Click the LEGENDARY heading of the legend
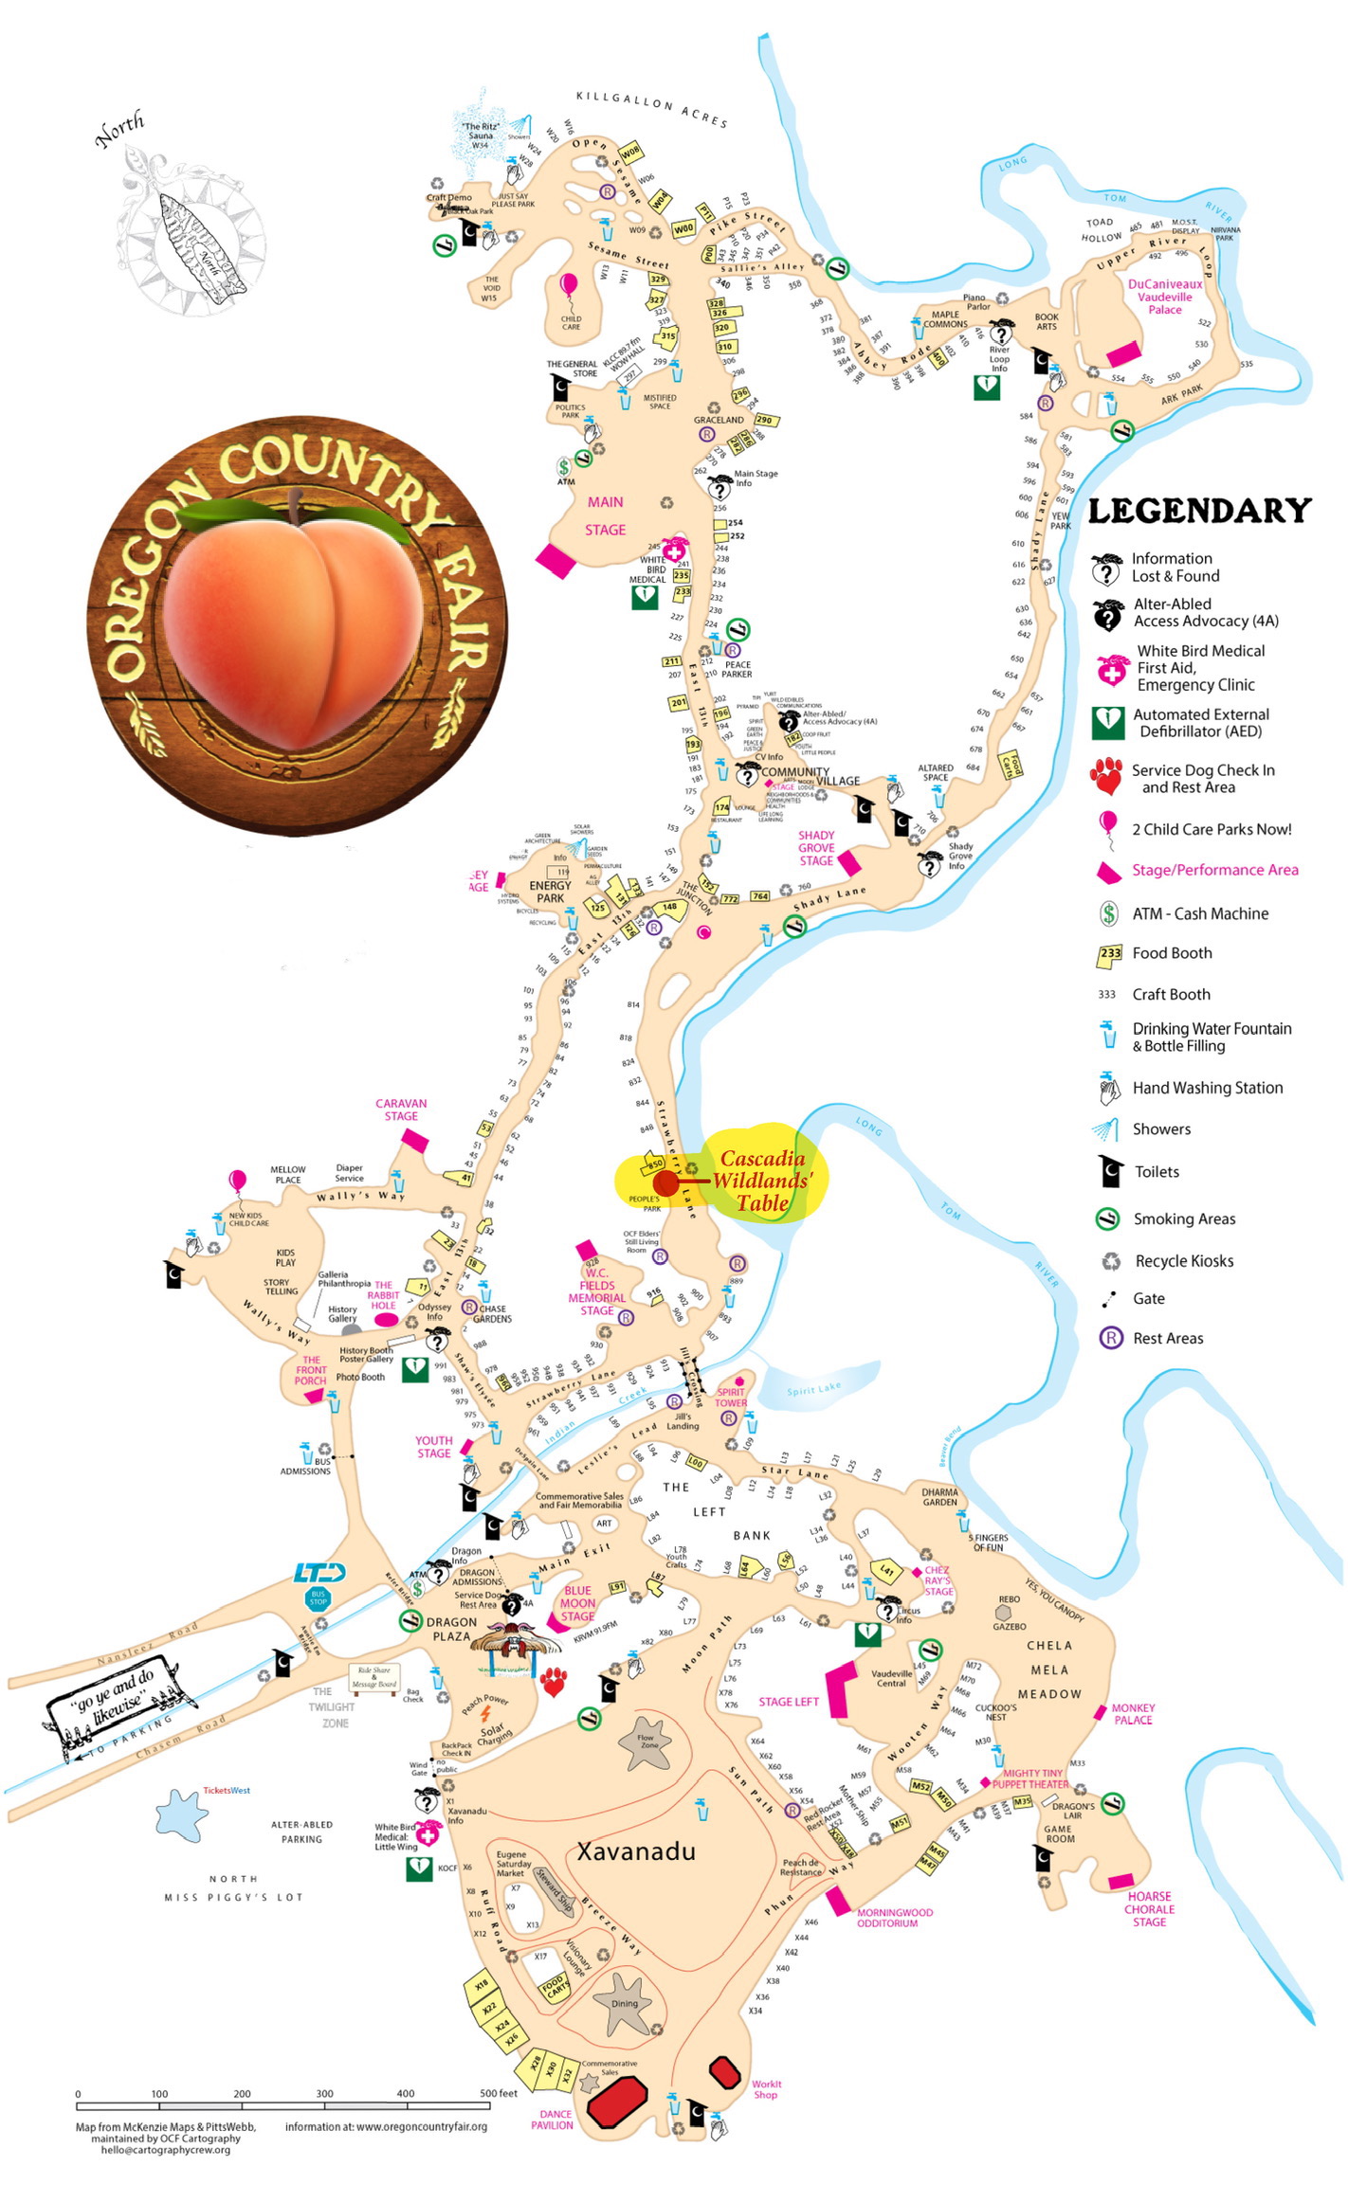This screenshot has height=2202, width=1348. (1199, 511)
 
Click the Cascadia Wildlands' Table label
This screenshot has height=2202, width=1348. (763, 1181)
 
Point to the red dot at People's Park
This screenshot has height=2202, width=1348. (665, 1182)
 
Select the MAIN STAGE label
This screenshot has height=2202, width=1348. (605, 515)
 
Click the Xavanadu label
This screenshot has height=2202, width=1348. (636, 1850)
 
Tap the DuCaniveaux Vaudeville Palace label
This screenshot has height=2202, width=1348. (1164, 297)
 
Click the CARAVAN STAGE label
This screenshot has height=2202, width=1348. (401, 1110)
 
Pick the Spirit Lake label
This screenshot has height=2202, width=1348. (813, 1389)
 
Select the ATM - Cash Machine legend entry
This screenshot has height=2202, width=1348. (1199, 913)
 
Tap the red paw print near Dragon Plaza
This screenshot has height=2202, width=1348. (554, 1683)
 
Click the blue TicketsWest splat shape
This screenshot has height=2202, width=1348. (181, 1815)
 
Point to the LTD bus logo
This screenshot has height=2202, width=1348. (319, 1574)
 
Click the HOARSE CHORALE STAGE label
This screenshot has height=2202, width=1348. (1149, 1909)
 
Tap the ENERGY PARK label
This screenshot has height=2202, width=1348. (550, 892)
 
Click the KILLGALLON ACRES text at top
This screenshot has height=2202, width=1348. (651, 108)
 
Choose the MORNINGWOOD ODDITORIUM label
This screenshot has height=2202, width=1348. (894, 1918)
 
